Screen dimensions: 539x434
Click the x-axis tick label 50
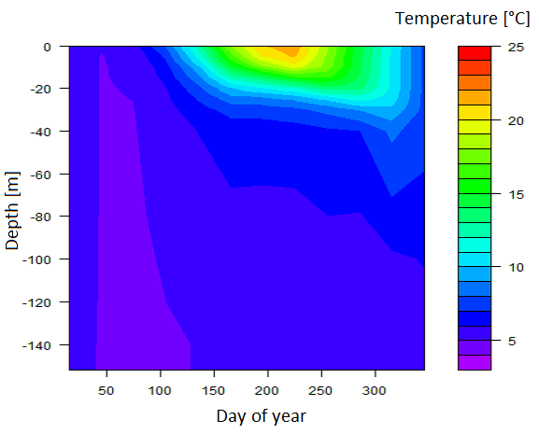pos(106,391)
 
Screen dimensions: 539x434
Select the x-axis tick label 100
pos(160,391)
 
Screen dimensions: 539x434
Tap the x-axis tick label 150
pos(214,391)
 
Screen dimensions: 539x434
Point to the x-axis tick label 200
pos(267,391)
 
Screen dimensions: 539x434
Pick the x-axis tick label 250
pos(320,391)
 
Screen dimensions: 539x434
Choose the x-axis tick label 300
pos(375,391)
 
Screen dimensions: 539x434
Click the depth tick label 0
pos(47,47)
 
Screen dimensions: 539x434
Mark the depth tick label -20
pos(40,89)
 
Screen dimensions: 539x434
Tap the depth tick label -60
pos(40,175)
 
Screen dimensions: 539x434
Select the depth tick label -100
pos(36,259)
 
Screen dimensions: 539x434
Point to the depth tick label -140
pos(36,345)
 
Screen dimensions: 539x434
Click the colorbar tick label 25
pos(516,47)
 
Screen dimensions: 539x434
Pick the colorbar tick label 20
pos(516,120)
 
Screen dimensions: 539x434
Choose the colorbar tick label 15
pos(516,195)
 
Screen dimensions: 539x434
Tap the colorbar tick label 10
pos(516,267)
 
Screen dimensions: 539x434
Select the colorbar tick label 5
pos(512,341)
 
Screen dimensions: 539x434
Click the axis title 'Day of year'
pos(262,416)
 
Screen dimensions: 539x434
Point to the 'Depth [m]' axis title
pos(12,211)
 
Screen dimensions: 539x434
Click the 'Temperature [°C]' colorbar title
pos(462,18)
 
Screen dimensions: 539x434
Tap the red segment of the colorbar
pos(475,53)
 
